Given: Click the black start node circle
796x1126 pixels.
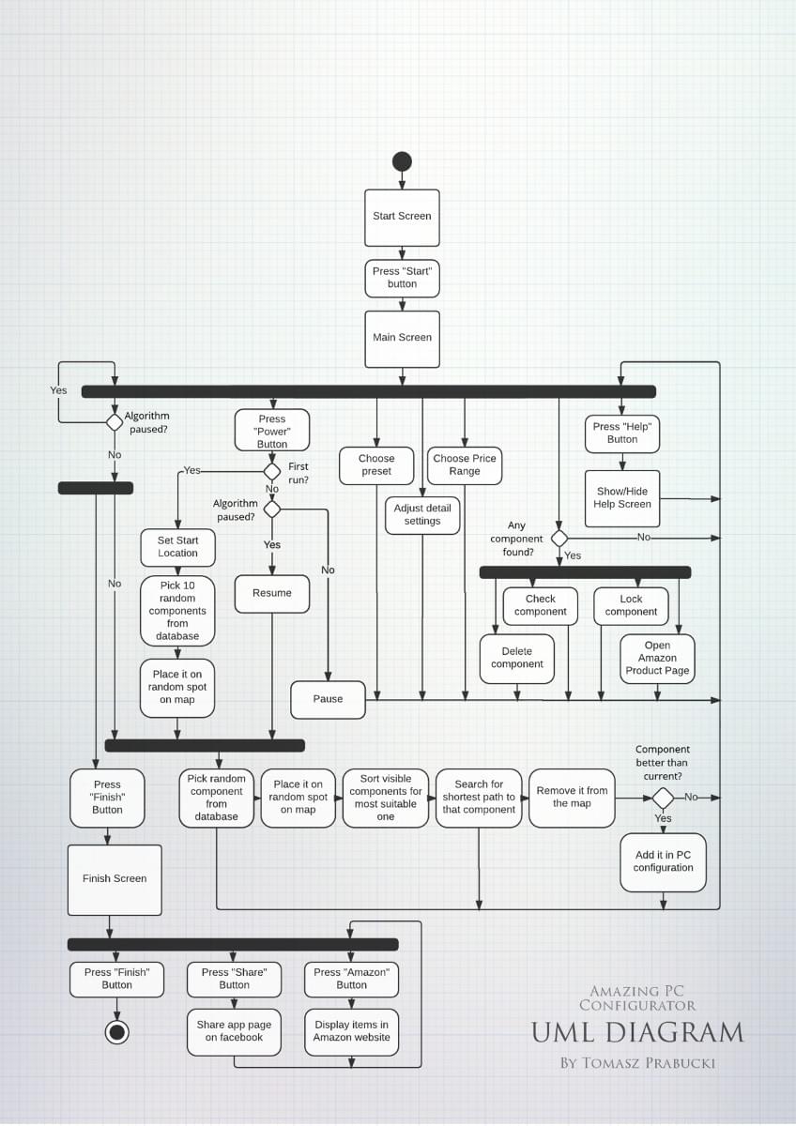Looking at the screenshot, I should [402, 161].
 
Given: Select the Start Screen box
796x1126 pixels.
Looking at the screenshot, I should [402, 217].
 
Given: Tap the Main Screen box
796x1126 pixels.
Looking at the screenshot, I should [402, 339].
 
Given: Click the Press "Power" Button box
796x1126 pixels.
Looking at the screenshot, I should [272, 432].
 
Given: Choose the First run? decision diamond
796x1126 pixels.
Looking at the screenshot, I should [272, 471].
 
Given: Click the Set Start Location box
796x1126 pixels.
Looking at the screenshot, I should [178, 547].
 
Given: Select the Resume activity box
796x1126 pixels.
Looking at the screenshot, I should [272, 593].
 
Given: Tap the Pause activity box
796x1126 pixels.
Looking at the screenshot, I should [328, 699].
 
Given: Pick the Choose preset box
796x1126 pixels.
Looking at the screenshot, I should [376, 465].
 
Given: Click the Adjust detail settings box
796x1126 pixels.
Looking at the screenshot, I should [422, 515].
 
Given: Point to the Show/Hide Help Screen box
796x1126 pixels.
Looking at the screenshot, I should [622, 498].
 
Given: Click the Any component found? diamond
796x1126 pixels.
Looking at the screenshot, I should [559, 539].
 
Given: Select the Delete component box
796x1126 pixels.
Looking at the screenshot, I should [516, 658].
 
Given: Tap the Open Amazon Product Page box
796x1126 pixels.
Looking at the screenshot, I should [657, 659].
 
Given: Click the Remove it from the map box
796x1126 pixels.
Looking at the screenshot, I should [572, 798].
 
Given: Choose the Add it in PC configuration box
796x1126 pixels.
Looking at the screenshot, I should [663, 861].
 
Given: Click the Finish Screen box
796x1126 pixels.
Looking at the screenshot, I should [115, 879].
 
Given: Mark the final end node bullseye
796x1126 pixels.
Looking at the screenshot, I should [116, 1033].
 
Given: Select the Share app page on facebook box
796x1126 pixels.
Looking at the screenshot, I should [234, 1032].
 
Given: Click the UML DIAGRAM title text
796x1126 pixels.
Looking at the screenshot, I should [637, 1033].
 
